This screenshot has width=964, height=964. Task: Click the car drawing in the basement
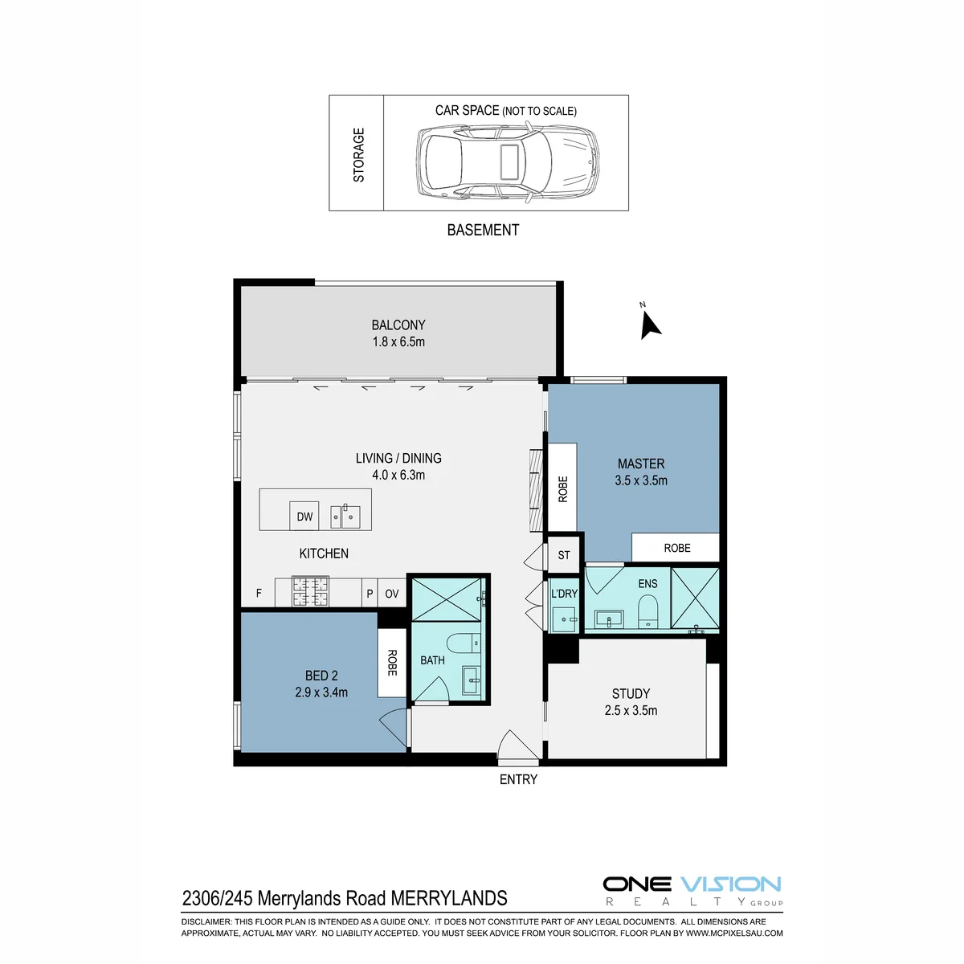507,161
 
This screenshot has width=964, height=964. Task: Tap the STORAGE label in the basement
358,154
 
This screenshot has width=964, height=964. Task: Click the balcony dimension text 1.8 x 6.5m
398,342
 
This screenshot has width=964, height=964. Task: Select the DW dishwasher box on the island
304,516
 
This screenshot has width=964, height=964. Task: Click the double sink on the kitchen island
345,517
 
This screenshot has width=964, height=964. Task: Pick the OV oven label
392,594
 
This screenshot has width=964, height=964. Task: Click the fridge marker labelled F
259,594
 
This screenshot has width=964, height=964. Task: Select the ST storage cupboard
564,555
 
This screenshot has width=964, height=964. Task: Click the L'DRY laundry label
564,594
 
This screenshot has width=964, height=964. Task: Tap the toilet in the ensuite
647,611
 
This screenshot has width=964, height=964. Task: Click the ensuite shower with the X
695,598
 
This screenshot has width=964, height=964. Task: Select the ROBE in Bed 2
392,662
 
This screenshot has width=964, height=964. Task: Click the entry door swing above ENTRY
518,745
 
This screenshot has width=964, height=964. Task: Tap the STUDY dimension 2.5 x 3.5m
631,710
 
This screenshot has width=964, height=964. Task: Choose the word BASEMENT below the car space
483,230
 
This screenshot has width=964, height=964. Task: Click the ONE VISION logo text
692,884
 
